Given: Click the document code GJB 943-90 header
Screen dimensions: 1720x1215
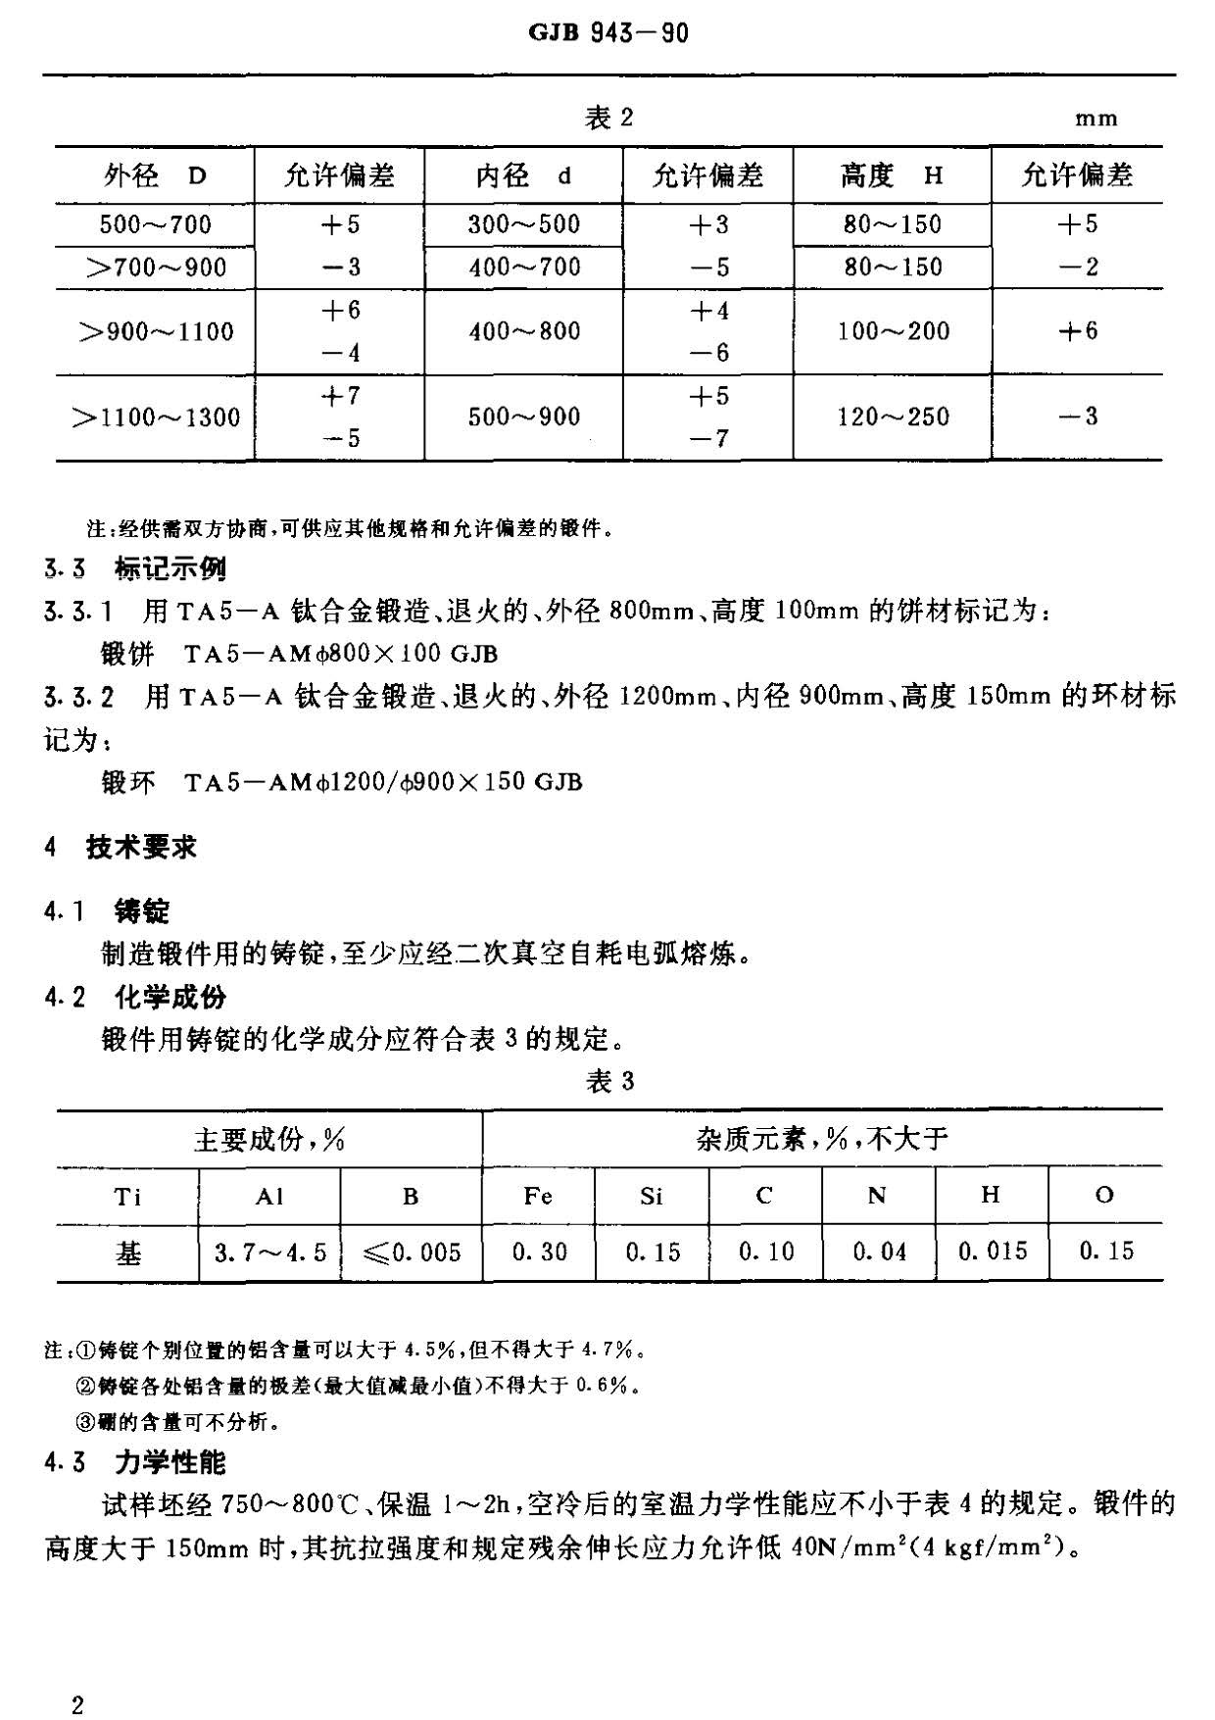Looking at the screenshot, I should [x=607, y=33].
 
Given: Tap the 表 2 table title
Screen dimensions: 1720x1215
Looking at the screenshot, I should [x=608, y=119].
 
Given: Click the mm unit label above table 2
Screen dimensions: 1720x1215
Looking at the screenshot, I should [x=1095, y=120].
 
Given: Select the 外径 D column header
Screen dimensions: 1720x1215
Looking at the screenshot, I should [x=155, y=176].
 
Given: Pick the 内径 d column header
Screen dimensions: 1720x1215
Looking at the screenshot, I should [x=523, y=176].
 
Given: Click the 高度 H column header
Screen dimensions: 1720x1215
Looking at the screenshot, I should [x=892, y=176].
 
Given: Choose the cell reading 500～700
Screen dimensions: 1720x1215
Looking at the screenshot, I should [x=155, y=225].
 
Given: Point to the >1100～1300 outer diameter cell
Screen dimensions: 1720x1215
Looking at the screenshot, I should [x=155, y=418].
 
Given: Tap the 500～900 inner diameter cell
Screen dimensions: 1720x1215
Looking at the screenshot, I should [x=523, y=418].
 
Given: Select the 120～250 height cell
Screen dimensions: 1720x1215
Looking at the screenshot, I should [x=893, y=418].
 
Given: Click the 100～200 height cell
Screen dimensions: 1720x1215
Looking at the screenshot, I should [x=893, y=331].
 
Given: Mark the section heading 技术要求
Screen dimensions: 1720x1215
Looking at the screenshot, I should [x=141, y=847].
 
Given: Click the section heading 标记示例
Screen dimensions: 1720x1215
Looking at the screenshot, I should [x=170, y=568].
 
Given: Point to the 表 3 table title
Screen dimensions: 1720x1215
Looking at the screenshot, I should [x=608, y=1081].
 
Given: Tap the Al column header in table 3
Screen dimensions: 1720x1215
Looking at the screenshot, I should [x=269, y=1196].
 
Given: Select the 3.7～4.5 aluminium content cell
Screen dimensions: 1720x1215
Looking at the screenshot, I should [x=269, y=1253].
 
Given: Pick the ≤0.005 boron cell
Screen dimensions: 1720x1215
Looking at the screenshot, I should [x=411, y=1253].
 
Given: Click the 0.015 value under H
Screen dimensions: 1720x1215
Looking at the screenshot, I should [x=992, y=1252].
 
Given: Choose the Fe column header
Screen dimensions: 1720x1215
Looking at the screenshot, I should [x=538, y=1196].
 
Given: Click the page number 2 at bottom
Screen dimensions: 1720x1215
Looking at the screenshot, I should [x=77, y=1679].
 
